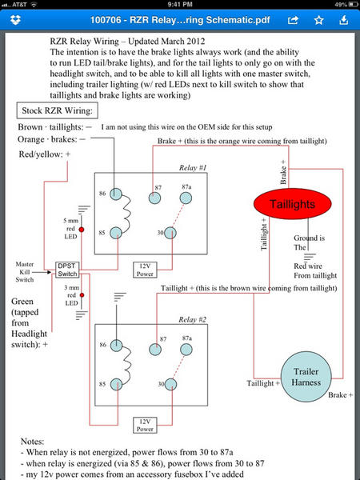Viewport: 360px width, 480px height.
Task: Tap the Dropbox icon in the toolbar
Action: point(15,20)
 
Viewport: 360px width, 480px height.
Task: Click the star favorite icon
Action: point(318,20)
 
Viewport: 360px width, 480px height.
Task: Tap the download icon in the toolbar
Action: point(344,20)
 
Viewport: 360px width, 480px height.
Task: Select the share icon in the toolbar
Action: point(293,20)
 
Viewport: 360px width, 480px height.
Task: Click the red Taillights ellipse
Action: point(292,204)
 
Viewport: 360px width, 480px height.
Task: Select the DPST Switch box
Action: point(67,270)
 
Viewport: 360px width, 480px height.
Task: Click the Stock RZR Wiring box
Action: point(58,110)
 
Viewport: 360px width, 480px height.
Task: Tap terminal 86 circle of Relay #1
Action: point(116,194)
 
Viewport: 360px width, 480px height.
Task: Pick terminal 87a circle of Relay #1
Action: point(186,198)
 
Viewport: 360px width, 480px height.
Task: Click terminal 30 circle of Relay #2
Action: point(170,384)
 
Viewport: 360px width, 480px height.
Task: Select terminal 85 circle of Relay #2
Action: point(116,385)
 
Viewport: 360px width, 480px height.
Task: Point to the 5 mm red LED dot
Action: point(82,230)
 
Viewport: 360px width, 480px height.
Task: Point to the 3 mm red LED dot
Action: point(82,295)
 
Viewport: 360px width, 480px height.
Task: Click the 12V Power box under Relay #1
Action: point(145,270)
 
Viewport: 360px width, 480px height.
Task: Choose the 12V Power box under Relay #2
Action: point(145,425)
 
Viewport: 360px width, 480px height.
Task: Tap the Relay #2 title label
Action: point(192,319)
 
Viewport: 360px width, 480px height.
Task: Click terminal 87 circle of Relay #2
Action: point(155,350)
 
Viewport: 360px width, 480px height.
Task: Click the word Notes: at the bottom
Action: point(33,441)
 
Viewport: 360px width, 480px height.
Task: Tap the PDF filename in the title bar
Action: point(180,20)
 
